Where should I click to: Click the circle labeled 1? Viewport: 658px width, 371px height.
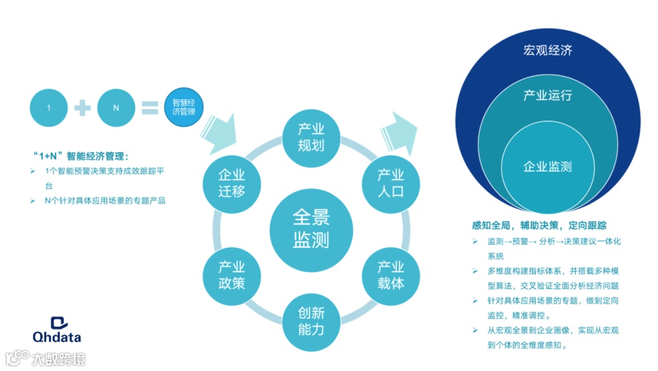click(x=49, y=108)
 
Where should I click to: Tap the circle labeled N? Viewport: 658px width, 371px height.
click(x=116, y=108)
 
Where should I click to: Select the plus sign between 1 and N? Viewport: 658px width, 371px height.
click(x=82, y=108)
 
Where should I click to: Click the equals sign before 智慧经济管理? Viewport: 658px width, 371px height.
click(x=150, y=108)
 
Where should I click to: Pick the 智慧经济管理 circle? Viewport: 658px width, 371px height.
click(x=183, y=108)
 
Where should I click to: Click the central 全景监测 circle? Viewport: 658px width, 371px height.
click(x=311, y=229)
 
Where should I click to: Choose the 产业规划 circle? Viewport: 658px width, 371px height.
click(x=311, y=137)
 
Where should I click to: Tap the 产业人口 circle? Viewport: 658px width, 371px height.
click(x=391, y=183)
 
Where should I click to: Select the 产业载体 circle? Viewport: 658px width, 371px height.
click(x=391, y=275)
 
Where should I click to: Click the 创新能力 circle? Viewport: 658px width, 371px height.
click(x=311, y=322)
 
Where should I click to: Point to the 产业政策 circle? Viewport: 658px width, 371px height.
click(x=232, y=275)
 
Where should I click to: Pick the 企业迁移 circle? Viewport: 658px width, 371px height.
click(x=232, y=183)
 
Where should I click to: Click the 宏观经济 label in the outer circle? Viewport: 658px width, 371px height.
click(x=548, y=51)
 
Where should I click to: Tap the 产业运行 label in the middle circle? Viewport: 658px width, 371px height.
click(x=548, y=96)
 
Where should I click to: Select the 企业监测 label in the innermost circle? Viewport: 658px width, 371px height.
click(x=548, y=167)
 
